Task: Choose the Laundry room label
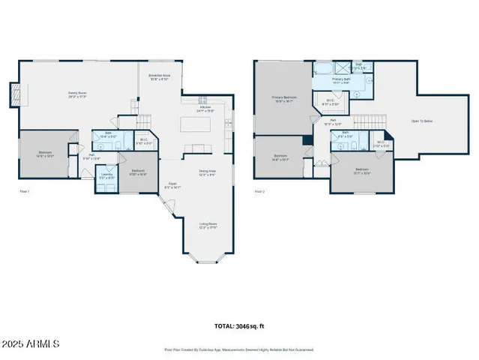point(108,175)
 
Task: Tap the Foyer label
point(171,185)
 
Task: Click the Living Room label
point(207,225)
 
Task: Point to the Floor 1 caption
point(24,192)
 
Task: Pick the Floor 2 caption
point(260,192)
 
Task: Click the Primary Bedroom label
point(283,98)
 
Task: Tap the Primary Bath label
point(341,79)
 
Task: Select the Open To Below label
point(421,121)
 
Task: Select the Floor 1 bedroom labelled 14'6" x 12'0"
point(46,154)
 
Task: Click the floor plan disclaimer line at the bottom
point(239,349)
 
